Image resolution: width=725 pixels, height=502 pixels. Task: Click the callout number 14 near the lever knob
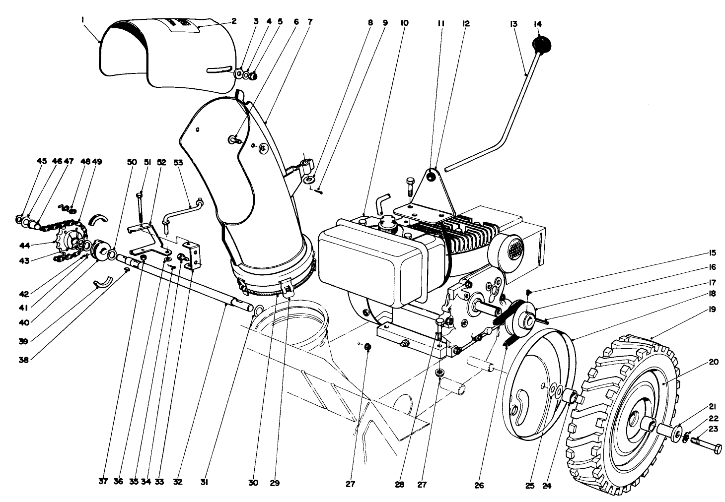538,24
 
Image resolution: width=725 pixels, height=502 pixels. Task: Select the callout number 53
178,162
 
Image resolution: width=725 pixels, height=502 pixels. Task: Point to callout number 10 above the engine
405,23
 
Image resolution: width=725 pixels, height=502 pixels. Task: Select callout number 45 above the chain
41,161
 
